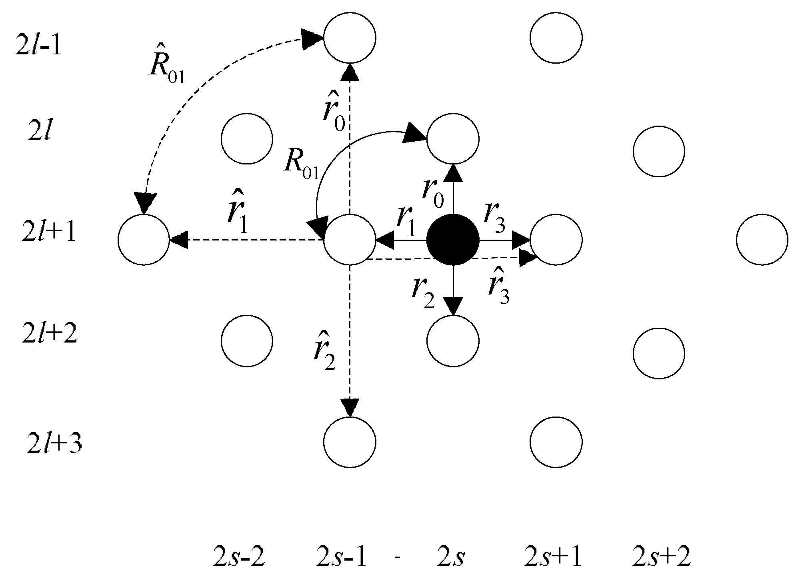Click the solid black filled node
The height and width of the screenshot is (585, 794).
[453, 240]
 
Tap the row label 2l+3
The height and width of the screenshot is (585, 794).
[54, 444]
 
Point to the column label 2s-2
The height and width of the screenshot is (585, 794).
[239, 557]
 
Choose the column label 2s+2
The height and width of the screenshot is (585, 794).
[662, 557]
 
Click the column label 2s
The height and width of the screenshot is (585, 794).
[451, 557]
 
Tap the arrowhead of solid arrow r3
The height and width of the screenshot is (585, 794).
[522, 240]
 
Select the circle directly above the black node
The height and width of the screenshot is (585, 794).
[453, 139]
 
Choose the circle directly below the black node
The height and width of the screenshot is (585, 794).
[453, 341]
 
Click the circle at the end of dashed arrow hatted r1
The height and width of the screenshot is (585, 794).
[144, 239]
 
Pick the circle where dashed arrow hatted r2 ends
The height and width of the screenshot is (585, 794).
[350, 442]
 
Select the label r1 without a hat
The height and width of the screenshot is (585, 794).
[406, 221]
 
